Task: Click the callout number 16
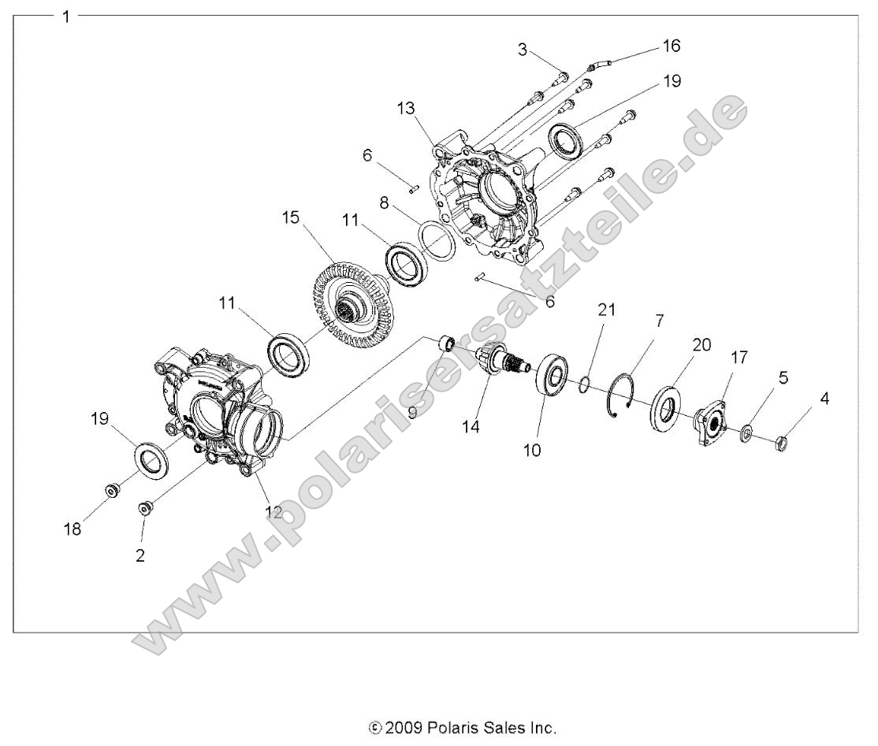[671, 46]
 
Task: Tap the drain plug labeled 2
[145, 508]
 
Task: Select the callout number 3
[523, 50]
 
